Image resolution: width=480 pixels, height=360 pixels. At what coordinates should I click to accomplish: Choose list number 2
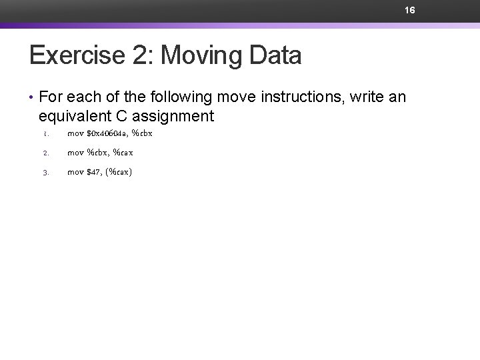(x=45, y=153)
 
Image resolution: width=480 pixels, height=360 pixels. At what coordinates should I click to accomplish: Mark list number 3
(x=45, y=173)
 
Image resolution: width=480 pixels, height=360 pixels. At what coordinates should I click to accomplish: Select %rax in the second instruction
(x=123, y=153)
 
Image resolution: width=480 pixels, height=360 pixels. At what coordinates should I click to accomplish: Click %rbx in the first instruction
(x=142, y=133)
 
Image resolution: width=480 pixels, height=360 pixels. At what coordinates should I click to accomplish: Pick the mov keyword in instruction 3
(x=75, y=173)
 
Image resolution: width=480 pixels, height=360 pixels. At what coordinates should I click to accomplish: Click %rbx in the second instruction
(x=97, y=153)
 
